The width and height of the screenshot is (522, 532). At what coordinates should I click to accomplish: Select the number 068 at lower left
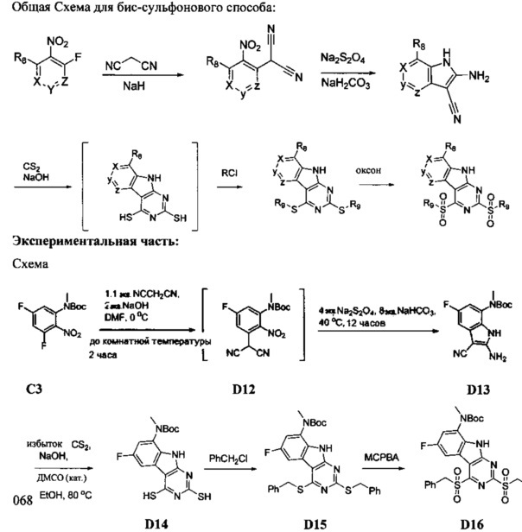click(16, 501)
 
